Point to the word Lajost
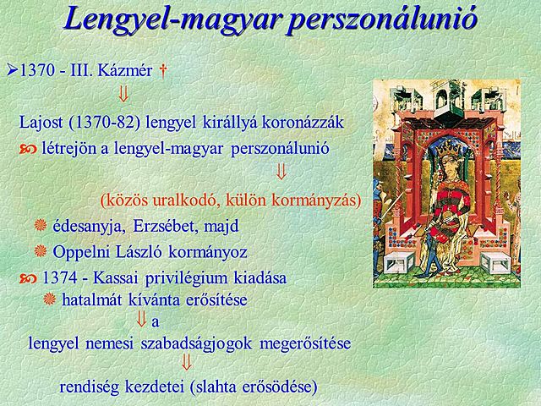[41, 121]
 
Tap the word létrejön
[68, 149]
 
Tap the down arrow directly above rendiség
[187, 365]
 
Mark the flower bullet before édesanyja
[39, 226]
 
